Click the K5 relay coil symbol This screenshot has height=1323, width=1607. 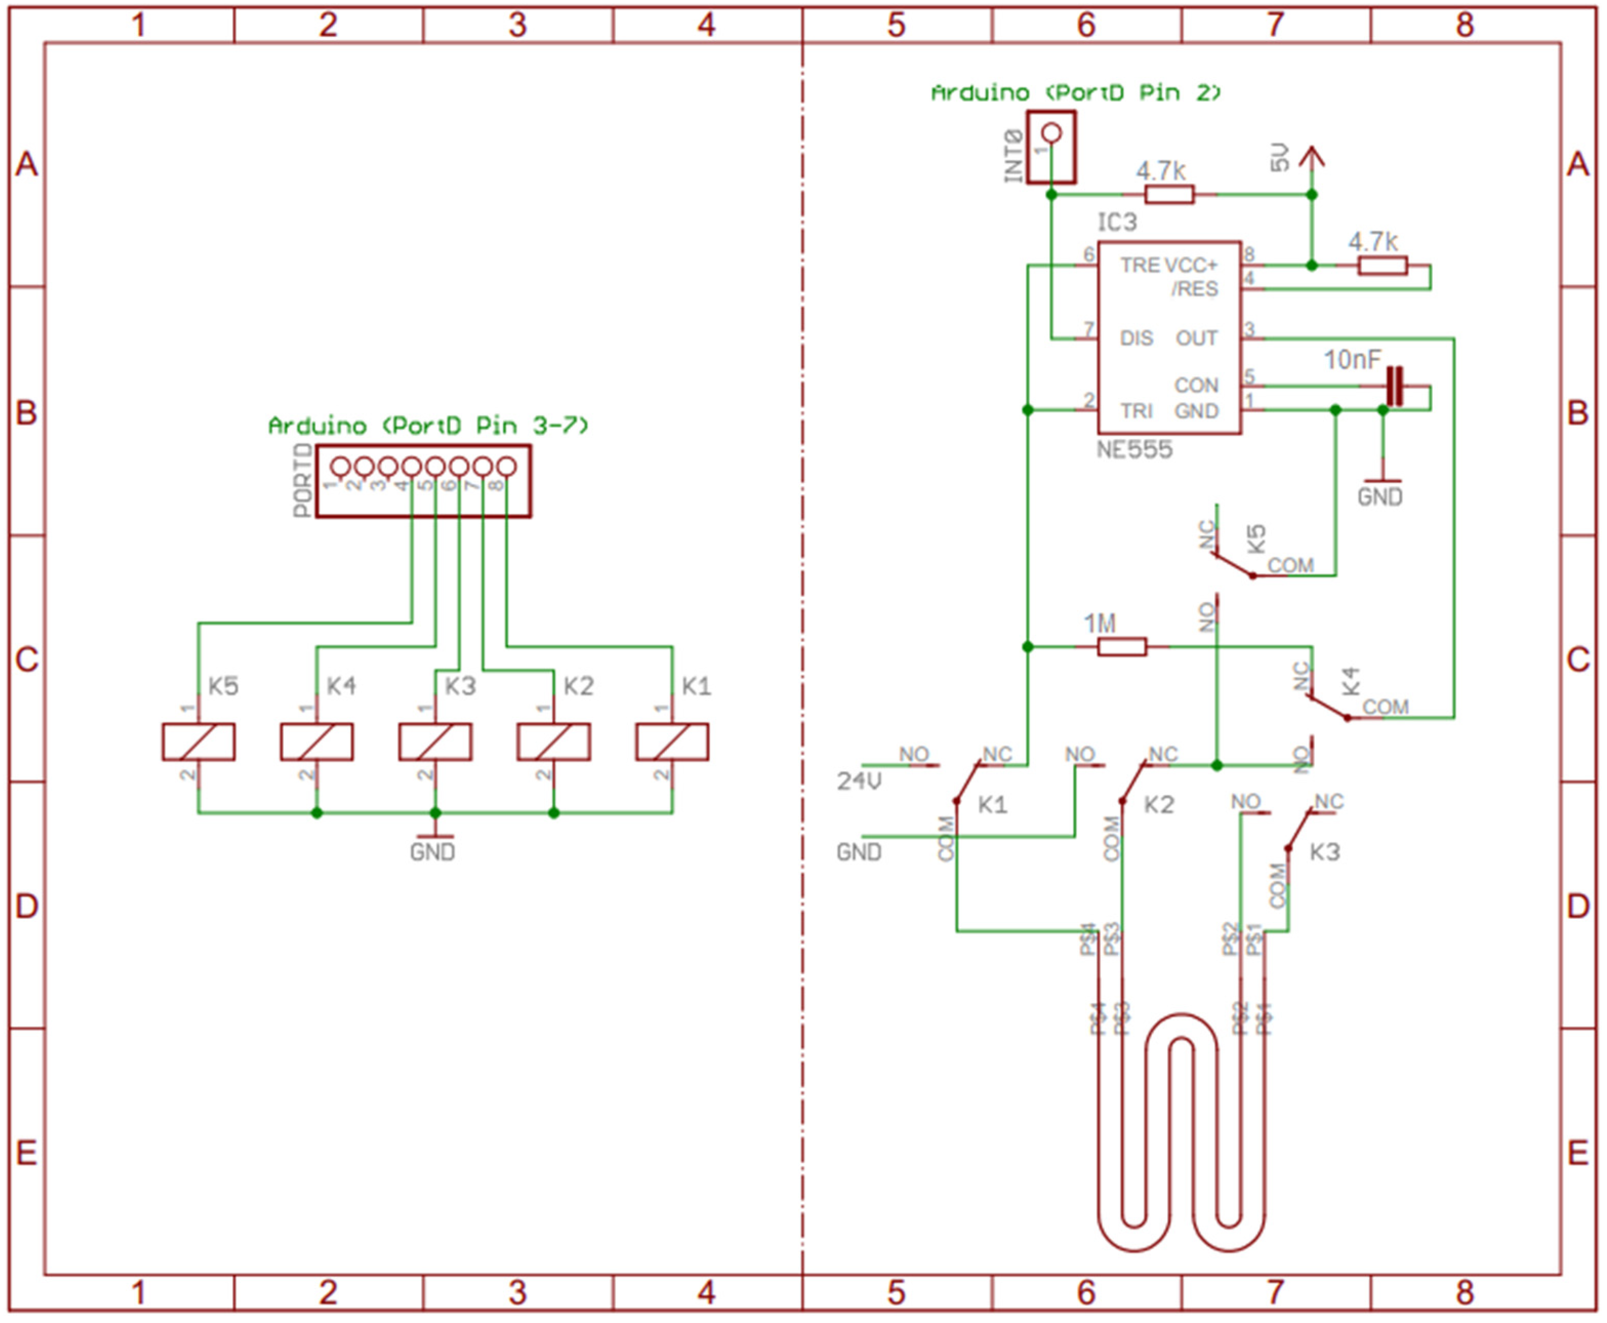click(x=198, y=742)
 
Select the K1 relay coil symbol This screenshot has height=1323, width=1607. click(x=672, y=742)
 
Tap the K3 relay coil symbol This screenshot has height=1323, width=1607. click(x=435, y=742)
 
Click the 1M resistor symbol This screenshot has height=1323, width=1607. click(x=1121, y=647)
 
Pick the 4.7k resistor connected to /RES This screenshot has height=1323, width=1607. click(x=1382, y=265)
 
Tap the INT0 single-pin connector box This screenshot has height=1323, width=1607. click(x=1051, y=147)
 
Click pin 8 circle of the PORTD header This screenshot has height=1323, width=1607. click(x=506, y=467)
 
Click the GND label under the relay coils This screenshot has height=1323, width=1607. click(x=432, y=851)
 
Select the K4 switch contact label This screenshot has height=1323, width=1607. click(x=1350, y=681)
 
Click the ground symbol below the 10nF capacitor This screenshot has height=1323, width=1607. click(x=1382, y=481)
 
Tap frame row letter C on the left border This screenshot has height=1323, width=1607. click(x=27, y=659)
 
